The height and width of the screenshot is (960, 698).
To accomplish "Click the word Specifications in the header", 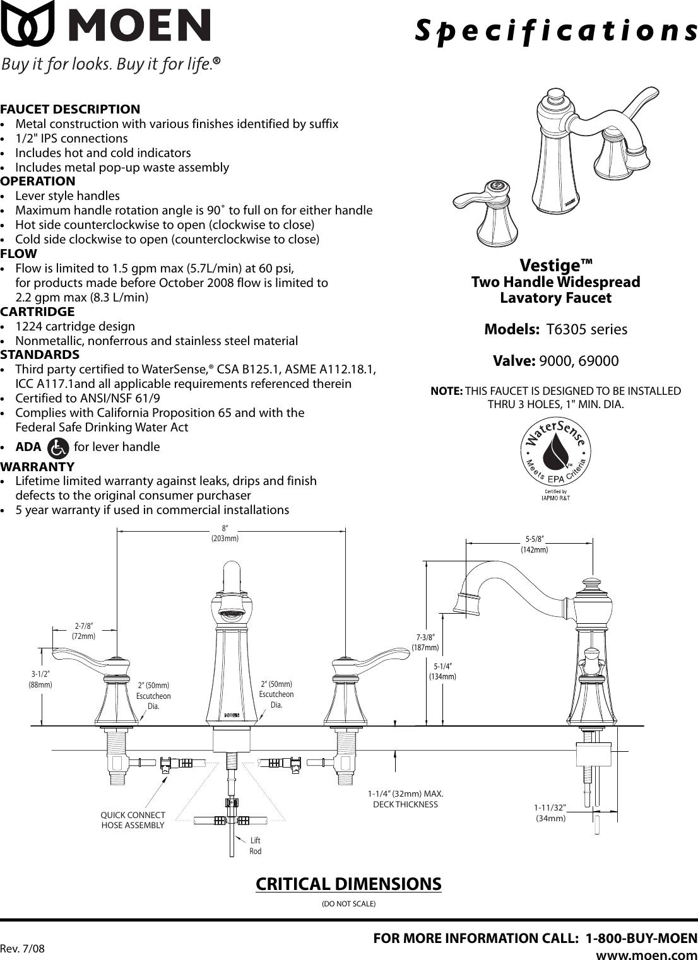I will (555, 30).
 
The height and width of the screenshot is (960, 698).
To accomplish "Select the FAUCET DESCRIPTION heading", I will (70, 109).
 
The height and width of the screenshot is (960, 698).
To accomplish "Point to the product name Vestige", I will (556, 264).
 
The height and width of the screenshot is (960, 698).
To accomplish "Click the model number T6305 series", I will (586, 329).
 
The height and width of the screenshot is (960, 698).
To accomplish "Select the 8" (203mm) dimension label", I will (225, 533).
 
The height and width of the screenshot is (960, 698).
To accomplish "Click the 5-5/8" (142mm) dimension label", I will (534, 544).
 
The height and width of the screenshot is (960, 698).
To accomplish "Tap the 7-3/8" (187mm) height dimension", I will (425, 642).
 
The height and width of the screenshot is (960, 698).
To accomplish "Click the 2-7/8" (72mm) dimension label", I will (83, 631).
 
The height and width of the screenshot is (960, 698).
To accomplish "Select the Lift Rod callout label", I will (255, 846).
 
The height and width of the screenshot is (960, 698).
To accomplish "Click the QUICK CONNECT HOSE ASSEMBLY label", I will (133, 820).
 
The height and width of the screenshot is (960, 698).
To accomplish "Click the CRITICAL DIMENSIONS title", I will (348, 884).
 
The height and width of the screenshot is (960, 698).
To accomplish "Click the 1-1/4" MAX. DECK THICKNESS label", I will (405, 799).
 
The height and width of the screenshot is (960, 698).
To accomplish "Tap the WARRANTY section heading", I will (37, 467).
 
